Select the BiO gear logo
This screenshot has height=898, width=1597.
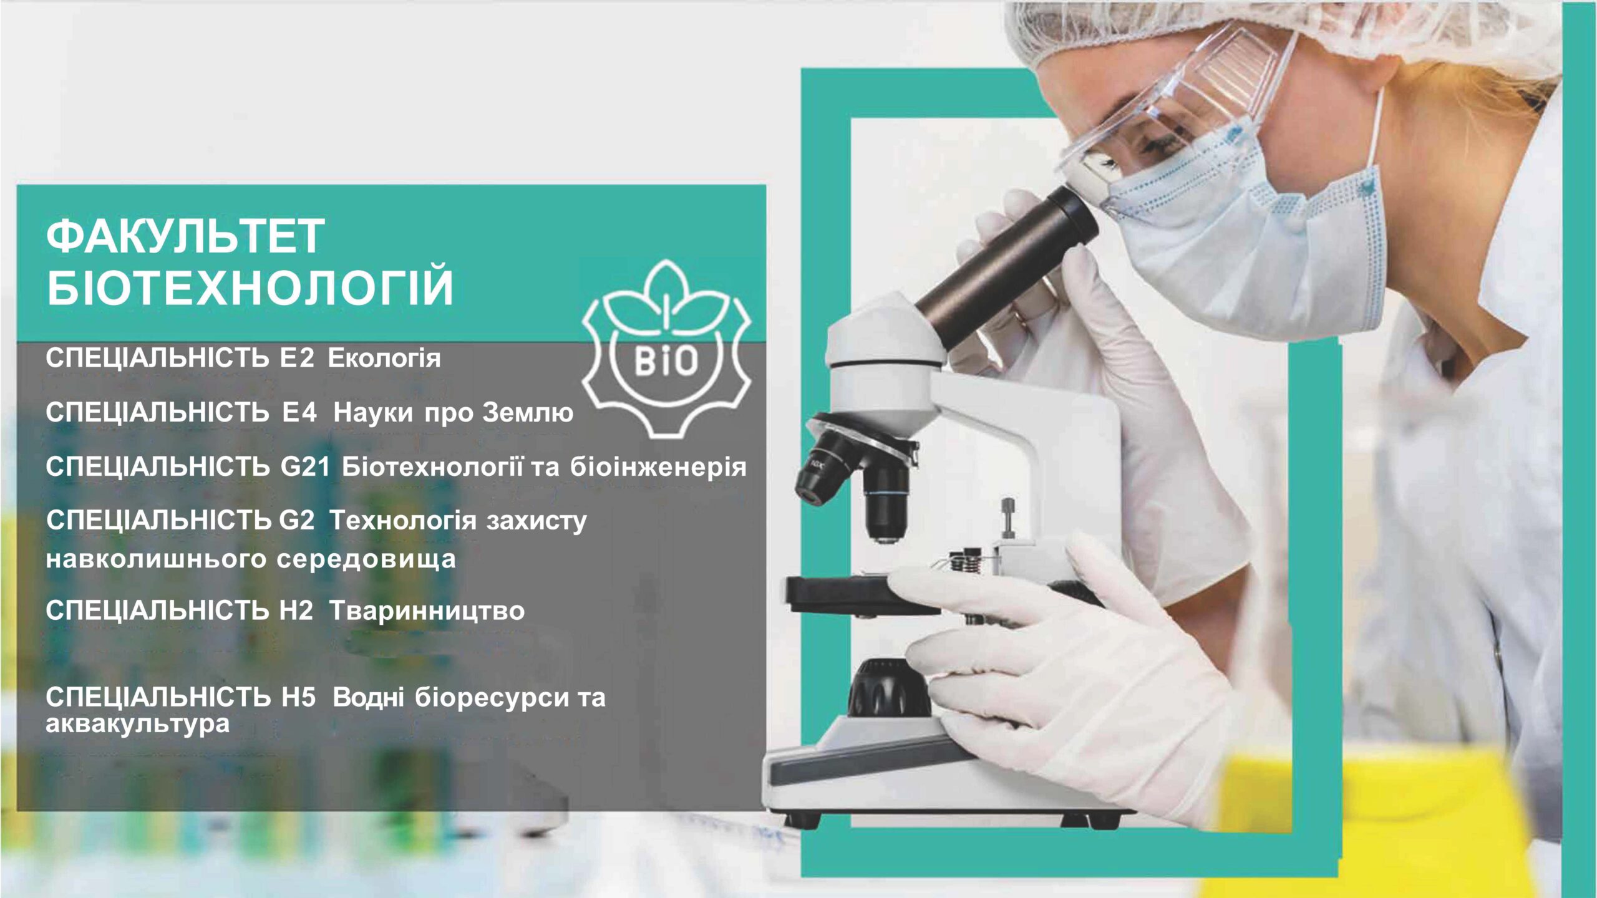(x=666, y=348)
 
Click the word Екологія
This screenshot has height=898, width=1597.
(x=384, y=359)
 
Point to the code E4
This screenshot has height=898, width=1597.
(x=299, y=412)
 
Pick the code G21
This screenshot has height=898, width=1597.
(x=305, y=467)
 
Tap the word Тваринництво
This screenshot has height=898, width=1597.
(x=427, y=611)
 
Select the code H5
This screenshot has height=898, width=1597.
(x=299, y=697)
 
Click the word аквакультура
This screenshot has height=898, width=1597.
(x=138, y=725)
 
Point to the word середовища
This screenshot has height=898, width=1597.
(x=366, y=559)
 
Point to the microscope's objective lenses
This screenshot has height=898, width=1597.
(x=855, y=483)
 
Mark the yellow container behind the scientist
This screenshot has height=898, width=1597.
(x=1391, y=823)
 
